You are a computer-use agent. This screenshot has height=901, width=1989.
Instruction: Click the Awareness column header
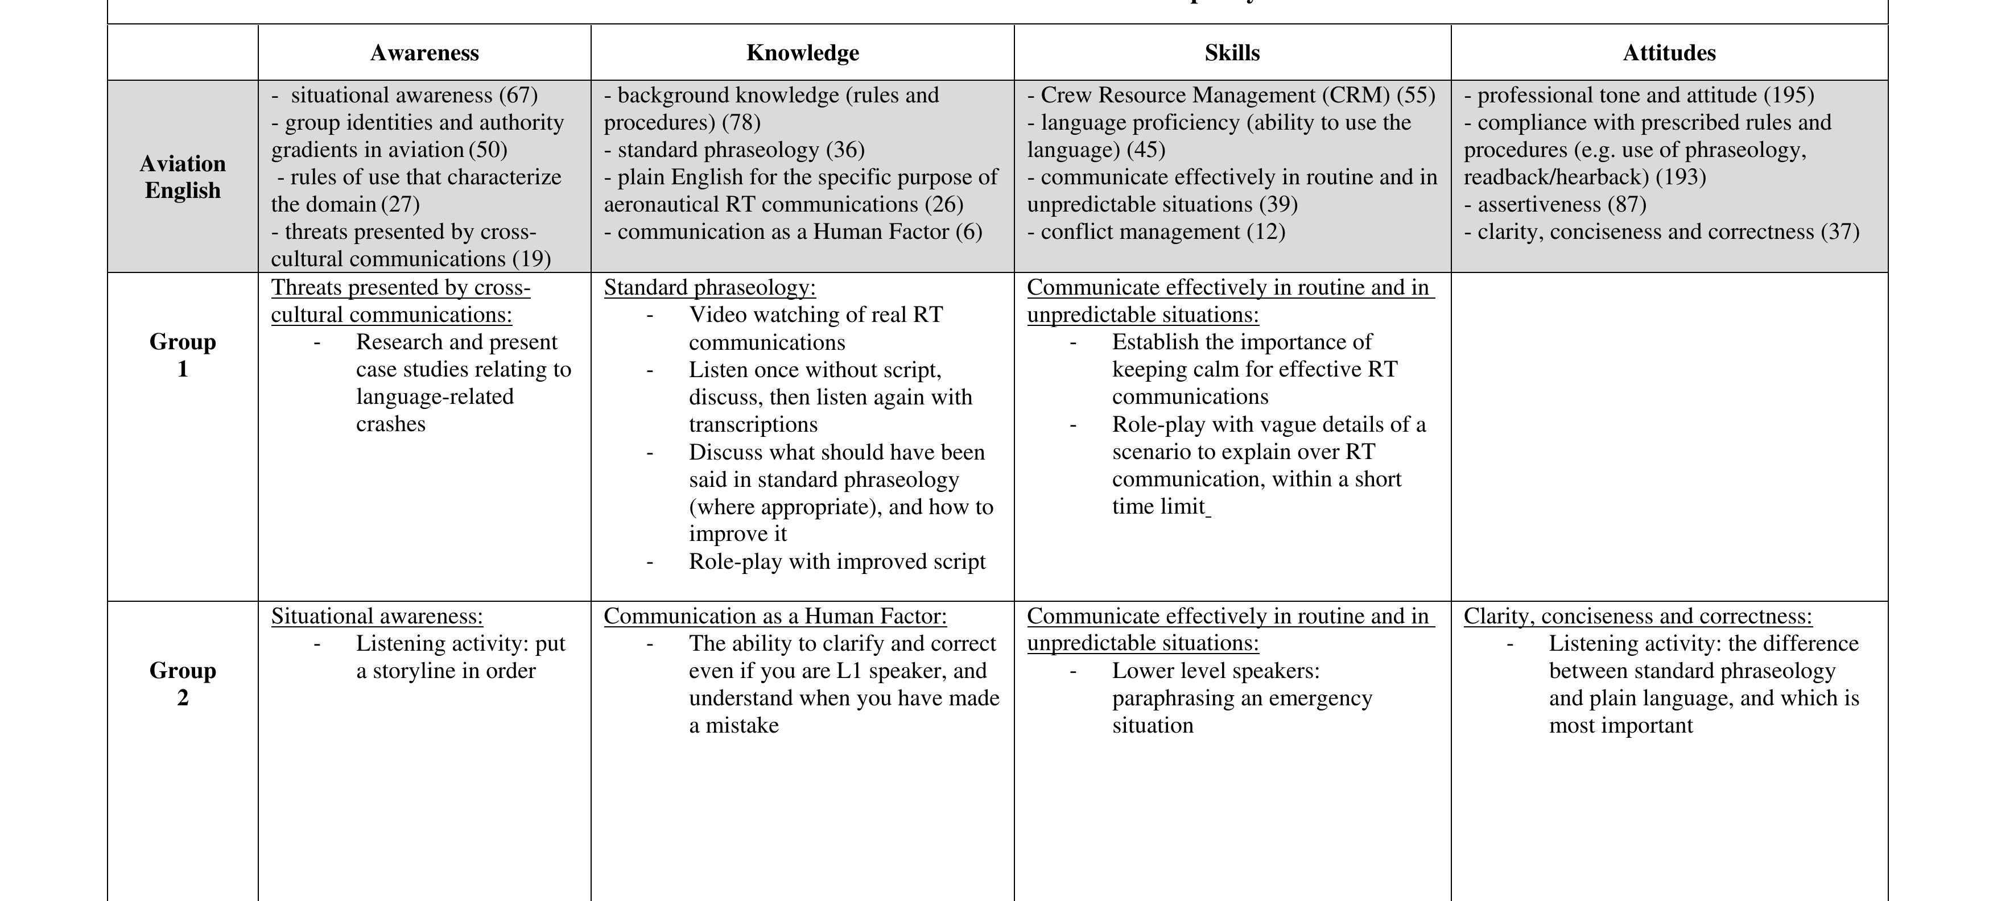pos(424,52)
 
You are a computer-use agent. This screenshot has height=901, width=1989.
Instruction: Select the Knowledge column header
pos(802,52)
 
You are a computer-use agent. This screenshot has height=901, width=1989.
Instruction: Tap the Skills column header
pos(1232,52)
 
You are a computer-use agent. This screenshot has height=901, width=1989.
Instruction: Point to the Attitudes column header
pos(1669,52)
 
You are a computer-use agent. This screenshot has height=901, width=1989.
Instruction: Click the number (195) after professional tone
pos(1789,95)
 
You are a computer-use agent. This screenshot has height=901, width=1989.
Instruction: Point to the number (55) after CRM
pos(1416,95)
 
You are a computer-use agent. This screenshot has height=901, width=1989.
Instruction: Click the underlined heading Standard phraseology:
pos(709,287)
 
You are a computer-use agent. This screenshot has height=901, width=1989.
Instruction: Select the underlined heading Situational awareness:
pos(377,616)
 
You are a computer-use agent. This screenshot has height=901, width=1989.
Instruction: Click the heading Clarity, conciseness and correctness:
pos(1637,616)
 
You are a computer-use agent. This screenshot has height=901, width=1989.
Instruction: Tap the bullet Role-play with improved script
pos(837,561)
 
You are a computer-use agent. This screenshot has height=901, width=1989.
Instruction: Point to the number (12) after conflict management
pos(1265,232)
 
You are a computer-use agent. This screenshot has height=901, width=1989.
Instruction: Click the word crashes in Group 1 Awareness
pos(391,424)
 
